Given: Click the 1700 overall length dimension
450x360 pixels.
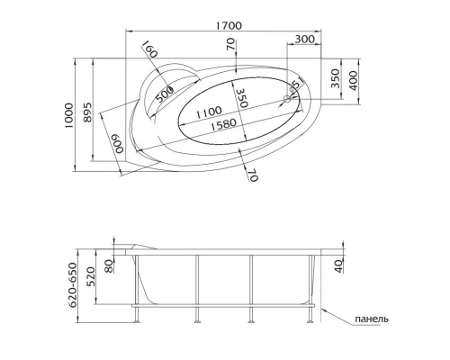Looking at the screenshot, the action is point(229,25).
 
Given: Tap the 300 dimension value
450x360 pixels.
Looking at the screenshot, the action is point(305,39).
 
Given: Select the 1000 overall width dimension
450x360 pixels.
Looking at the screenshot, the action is point(68,115).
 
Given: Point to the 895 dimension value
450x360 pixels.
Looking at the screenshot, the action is point(86,112).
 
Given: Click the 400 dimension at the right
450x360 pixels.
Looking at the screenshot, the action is point(354,81).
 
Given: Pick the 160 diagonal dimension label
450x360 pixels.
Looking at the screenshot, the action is point(149,49).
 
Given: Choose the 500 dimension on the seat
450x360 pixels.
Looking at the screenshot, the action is point(165,94).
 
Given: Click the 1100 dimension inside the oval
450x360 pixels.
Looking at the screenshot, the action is point(209,112).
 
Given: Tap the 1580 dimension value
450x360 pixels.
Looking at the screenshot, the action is point(223,124).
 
